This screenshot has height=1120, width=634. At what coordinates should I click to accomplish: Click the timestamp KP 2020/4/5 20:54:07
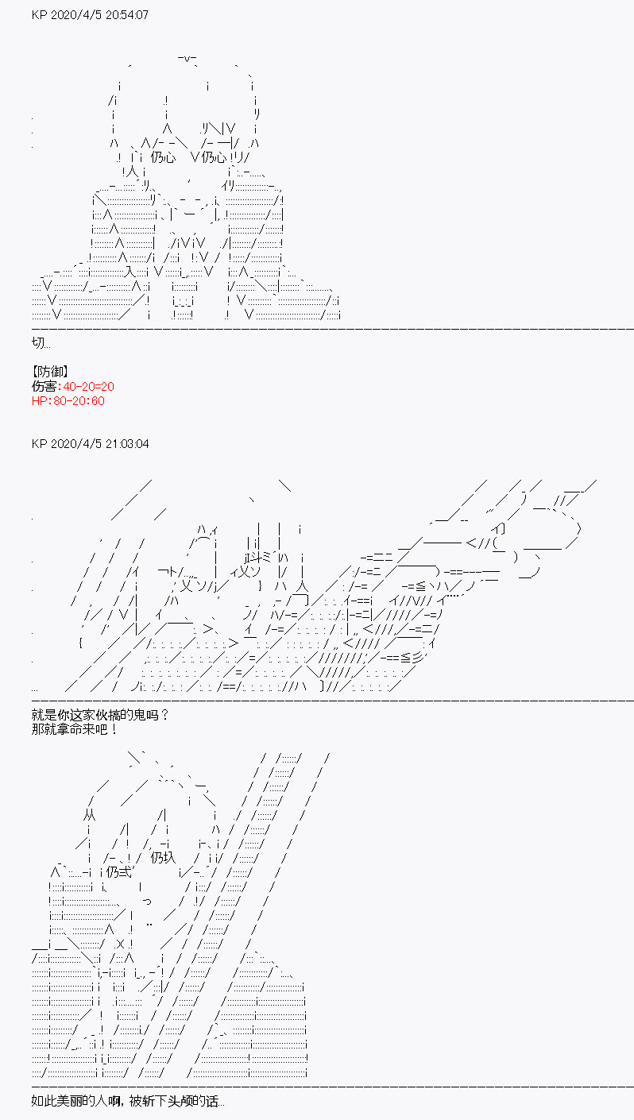tap(90, 15)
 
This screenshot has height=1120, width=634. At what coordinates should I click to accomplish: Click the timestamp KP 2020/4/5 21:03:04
tap(90, 444)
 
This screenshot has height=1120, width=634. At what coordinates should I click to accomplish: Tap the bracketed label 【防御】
tap(50, 372)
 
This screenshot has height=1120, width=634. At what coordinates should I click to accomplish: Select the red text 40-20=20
tap(88, 387)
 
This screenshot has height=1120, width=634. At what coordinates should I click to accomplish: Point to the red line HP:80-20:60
tap(68, 401)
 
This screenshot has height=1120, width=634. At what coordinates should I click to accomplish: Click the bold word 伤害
tap(44, 387)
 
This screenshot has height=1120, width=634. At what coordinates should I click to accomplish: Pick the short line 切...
tap(41, 343)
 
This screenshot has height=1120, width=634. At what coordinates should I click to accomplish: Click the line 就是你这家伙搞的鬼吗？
tap(100, 715)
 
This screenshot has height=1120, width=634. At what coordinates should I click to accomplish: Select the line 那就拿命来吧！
tap(75, 729)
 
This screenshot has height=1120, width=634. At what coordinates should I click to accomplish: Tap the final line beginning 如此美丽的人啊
tap(128, 1102)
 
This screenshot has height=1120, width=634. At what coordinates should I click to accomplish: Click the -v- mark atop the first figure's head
tap(187, 59)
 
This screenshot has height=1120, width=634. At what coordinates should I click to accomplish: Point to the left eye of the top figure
tap(163, 158)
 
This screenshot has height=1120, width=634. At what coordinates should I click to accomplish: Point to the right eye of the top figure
tap(214, 158)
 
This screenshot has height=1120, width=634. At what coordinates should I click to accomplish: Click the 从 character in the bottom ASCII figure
tap(89, 816)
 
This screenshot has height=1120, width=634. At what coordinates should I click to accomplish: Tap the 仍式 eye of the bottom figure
tap(119, 872)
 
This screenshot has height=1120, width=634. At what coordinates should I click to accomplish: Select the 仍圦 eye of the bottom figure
tap(163, 858)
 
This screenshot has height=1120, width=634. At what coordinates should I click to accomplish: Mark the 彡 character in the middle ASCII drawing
tap(418, 658)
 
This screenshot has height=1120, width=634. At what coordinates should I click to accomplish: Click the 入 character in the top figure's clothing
tap(130, 272)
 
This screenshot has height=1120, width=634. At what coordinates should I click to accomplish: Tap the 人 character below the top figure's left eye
tap(131, 172)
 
